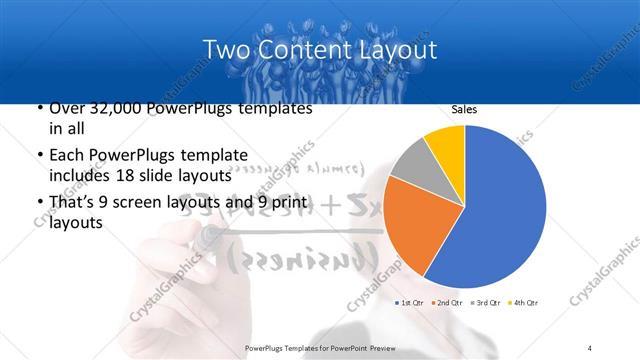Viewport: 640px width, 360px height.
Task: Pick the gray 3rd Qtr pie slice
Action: pyautogui.click(x=411, y=165)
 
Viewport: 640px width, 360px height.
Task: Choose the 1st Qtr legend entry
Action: pyautogui.click(x=409, y=302)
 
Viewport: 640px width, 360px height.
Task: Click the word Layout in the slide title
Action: pyautogui.click(x=399, y=49)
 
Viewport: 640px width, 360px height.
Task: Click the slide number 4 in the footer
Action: pyautogui.click(x=589, y=347)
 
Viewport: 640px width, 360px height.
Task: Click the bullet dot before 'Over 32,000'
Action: pyautogui.click(x=38, y=109)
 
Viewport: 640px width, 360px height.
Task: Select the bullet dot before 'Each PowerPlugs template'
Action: pyautogui.click(x=38, y=156)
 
